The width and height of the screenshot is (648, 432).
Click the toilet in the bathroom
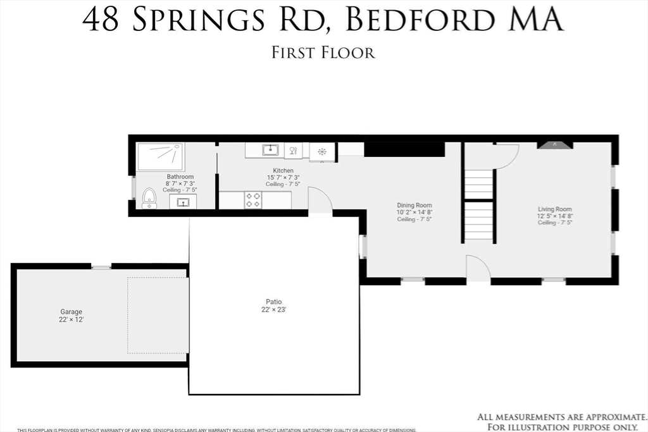[x=149, y=198]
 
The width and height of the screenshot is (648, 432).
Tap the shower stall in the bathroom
[x=161, y=156]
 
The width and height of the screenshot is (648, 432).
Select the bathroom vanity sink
[x=183, y=202]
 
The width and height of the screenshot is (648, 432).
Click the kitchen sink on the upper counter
[x=271, y=151]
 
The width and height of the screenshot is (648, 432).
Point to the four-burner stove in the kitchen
[x=253, y=200]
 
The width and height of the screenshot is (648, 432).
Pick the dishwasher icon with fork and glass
[x=293, y=151]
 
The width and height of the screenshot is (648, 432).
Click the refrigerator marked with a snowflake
[x=322, y=152]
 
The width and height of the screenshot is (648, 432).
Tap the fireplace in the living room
[x=555, y=145]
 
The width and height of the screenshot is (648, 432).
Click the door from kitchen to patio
[x=320, y=202]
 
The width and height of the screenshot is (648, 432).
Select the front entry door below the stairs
[x=478, y=268]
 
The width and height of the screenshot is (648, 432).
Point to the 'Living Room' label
[x=555, y=209]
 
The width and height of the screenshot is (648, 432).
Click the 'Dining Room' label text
[x=414, y=206]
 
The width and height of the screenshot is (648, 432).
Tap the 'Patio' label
[x=273, y=302]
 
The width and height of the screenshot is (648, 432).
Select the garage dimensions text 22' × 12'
[x=72, y=320]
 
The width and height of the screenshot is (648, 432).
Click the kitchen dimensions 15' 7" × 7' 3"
[x=283, y=178]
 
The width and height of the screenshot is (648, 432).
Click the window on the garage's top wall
[x=101, y=267]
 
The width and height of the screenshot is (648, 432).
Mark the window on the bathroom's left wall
[x=132, y=188]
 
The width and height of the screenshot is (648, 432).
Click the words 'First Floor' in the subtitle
[x=323, y=52]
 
